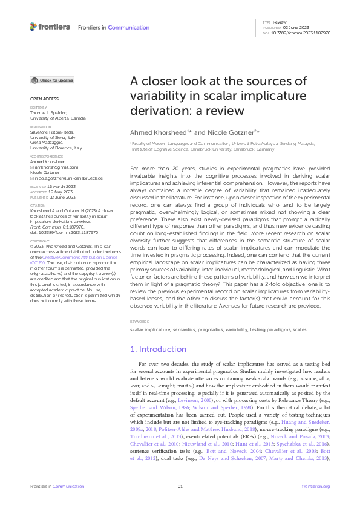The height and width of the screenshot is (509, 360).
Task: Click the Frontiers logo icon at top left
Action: [33, 27]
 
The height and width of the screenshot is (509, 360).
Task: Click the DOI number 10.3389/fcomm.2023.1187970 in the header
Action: [301, 33]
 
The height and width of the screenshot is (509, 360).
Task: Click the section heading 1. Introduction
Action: [159, 349]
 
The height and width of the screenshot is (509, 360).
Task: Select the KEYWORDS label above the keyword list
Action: [140, 322]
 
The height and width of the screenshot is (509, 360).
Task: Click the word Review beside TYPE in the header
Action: [280, 21]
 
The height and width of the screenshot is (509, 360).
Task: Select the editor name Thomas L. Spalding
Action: [49, 112]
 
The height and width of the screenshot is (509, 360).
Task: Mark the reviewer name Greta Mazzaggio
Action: [47, 143]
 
